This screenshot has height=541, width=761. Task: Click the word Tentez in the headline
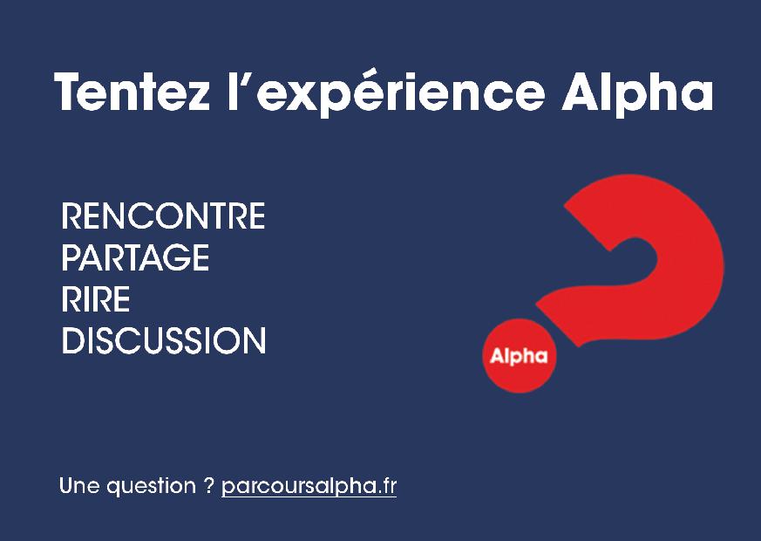[x=132, y=92]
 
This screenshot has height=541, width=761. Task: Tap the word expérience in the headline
[x=400, y=92]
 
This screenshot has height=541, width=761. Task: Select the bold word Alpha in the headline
[x=637, y=92]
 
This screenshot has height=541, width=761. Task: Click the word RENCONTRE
[x=163, y=216]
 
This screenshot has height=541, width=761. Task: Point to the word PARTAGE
[x=135, y=257]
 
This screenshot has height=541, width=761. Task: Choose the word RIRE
[x=96, y=298]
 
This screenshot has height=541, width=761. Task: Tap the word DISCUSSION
[x=164, y=340]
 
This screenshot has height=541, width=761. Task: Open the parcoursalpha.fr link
[x=309, y=486]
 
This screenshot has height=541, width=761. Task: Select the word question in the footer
[x=151, y=487]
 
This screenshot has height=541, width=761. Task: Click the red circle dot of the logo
[x=520, y=355]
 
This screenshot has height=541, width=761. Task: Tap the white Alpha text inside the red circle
[x=519, y=356]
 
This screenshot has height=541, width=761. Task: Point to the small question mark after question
[x=208, y=485]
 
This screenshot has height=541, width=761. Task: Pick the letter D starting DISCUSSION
[x=74, y=340]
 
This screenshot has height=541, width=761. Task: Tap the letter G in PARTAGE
[x=174, y=257]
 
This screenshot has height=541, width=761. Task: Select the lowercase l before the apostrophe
[x=232, y=92]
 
